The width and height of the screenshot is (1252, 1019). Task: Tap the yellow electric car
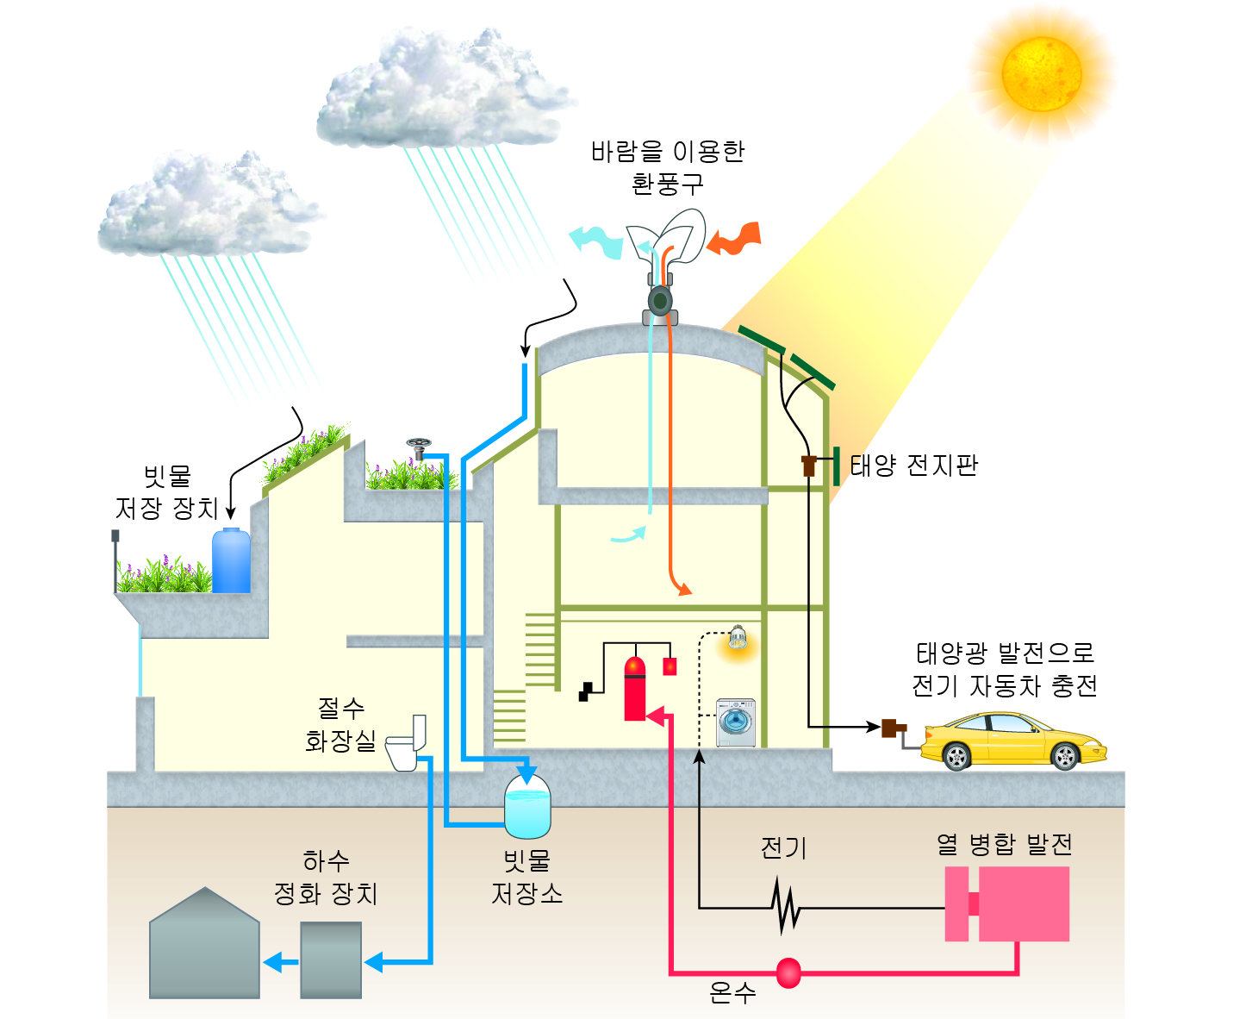1012,740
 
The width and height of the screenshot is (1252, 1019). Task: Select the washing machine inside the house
737,722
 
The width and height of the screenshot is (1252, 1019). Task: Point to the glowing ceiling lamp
737,640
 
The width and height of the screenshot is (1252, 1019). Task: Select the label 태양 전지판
913,466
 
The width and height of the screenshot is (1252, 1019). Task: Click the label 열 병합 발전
1005,844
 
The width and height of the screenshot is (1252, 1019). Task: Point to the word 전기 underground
783,848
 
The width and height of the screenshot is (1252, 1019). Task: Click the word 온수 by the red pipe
732,993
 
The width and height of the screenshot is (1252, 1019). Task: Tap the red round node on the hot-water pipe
788,972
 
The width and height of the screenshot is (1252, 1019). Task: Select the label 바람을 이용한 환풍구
668,167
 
